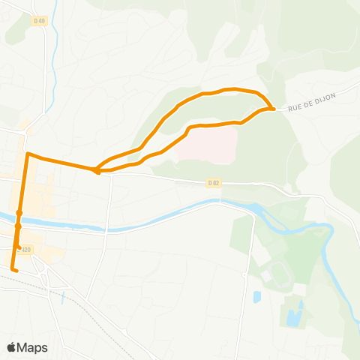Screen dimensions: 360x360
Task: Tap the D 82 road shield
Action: coord(214,181)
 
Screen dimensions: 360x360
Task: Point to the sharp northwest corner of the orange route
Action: coord(28,154)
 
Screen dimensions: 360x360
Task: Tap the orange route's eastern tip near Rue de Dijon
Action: coord(274,109)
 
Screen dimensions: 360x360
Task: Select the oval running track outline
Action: coord(276,274)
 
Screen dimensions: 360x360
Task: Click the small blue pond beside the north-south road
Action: coord(256,297)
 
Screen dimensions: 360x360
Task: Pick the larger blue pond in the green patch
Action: coord(293,313)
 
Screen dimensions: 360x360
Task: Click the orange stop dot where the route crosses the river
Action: coord(18,224)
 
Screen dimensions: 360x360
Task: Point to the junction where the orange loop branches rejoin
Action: coord(97,171)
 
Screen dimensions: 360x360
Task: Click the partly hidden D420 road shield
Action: coord(27,250)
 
